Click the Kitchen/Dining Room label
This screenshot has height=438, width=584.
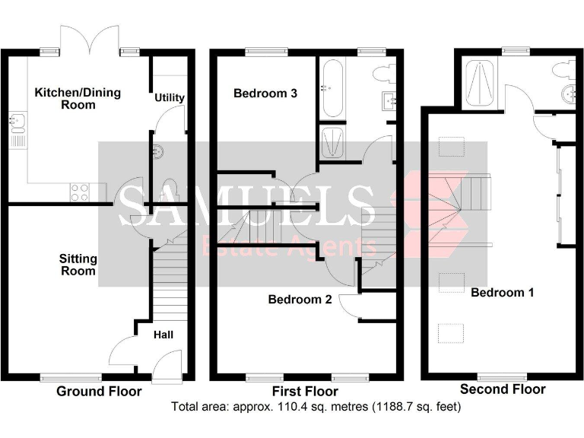[66, 99]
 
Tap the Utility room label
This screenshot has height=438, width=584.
[170, 98]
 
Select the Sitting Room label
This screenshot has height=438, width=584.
[78, 265]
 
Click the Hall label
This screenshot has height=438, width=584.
[163, 334]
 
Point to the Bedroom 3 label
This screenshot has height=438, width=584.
[265, 94]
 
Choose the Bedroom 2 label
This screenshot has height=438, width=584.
[300, 300]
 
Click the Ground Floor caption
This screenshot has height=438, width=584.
[99, 392]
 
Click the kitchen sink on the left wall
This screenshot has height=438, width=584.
[16, 125]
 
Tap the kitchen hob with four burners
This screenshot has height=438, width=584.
[81, 192]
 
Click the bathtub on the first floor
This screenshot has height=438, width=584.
[332, 90]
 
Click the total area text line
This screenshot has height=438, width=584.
[316, 407]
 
